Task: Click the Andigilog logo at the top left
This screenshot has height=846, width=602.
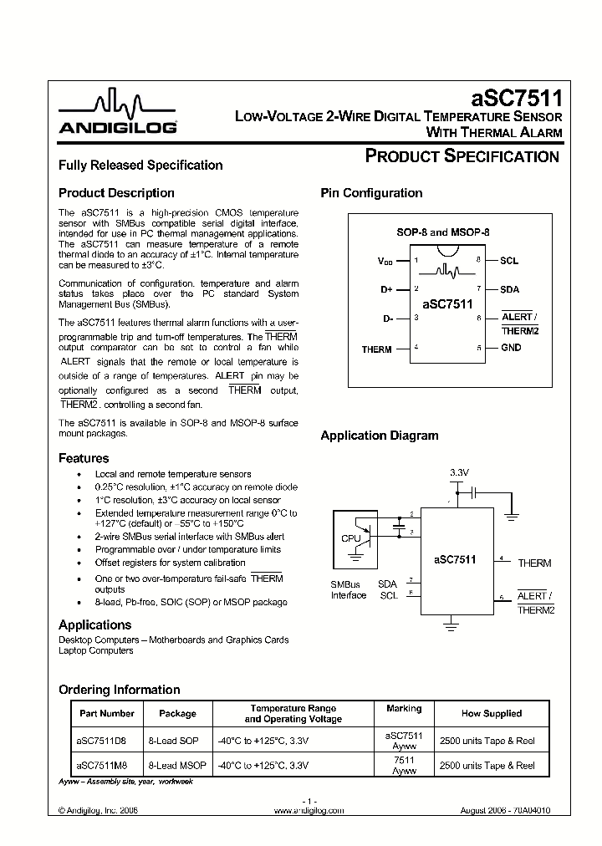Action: (117, 114)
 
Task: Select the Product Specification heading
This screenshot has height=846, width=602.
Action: (462, 156)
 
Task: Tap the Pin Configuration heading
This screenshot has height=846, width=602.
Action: (371, 193)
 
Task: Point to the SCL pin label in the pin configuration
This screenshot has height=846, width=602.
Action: (509, 261)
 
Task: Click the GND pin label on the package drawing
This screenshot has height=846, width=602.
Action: (511, 348)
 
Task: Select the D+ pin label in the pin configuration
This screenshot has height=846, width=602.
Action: (386, 289)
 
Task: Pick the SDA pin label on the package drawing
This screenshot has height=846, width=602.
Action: (509, 289)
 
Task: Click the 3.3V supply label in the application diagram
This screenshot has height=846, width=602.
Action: (459, 473)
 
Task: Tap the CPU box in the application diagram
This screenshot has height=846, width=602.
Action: (351, 538)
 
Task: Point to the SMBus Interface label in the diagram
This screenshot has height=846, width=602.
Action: (349, 589)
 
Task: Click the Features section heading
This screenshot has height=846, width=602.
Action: (84, 458)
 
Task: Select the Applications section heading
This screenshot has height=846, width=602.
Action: (94, 624)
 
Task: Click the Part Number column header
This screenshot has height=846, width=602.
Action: (106, 713)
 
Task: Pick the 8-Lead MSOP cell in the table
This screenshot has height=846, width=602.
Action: (177, 765)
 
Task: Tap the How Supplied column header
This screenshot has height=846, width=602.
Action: (491, 713)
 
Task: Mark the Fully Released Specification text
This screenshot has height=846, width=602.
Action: (140, 166)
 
